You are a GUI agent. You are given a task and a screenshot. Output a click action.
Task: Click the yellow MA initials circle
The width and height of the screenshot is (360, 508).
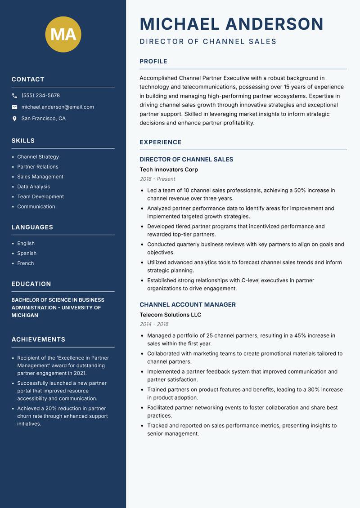[x=63, y=34]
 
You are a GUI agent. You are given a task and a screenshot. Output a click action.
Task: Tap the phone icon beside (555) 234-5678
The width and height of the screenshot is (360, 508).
[x=14, y=96]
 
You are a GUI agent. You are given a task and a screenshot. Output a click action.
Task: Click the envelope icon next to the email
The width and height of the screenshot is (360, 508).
[x=14, y=107]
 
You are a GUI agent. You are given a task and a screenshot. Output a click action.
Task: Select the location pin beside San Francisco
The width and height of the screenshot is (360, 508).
[x=14, y=119]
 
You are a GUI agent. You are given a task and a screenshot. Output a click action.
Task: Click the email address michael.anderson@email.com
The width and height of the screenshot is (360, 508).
[x=58, y=107]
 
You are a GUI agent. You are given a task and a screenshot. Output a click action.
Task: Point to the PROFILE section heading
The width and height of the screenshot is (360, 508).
[x=153, y=62]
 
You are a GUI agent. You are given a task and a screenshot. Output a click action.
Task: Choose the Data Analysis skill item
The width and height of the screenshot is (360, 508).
[x=33, y=187]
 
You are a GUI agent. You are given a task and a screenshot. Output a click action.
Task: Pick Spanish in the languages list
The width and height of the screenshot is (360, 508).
[x=27, y=253]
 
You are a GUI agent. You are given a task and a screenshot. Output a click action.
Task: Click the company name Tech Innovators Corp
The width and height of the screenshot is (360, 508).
[x=169, y=169]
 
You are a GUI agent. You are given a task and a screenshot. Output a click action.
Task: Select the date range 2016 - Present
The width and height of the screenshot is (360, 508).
[x=157, y=179]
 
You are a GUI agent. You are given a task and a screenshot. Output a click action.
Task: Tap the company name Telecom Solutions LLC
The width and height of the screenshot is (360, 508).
[x=170, y=315]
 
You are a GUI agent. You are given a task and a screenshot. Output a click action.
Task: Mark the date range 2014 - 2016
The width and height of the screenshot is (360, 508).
[x=154, y=324]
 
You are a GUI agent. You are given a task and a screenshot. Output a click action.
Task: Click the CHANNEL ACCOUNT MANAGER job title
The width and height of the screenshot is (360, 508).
[x=188, y=304]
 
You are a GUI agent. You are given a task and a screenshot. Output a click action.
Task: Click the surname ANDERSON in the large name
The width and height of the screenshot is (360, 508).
[x=274, y=24]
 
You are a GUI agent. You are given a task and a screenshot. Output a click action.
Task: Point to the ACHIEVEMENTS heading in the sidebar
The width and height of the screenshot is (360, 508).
[x=38, y=339]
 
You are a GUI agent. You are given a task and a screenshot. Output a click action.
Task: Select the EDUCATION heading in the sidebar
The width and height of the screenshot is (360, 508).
[x=31, y=284]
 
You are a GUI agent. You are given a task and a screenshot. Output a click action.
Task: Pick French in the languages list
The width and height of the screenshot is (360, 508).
[x=25, y=263]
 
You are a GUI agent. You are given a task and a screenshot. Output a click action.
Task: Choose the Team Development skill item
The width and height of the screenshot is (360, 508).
[x=40, y=196]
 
